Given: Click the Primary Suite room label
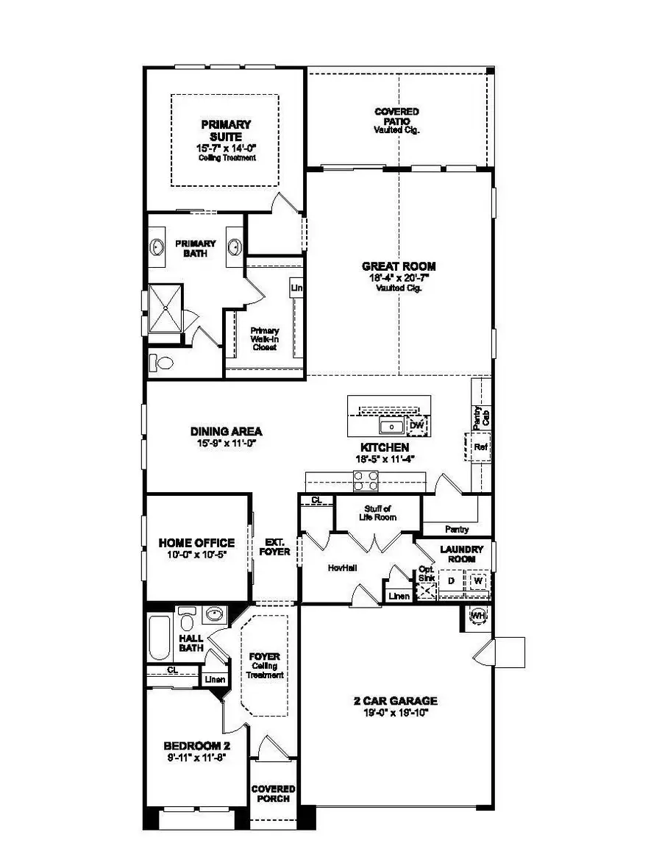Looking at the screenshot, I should point(225,131).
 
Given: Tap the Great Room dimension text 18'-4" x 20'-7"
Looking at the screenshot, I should point(399,278).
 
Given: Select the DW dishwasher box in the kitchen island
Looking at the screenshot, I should point(417,426).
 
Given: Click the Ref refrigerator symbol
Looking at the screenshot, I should point(480,447).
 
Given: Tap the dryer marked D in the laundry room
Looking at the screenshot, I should point(451,580).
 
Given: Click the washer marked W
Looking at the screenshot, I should point(477,580).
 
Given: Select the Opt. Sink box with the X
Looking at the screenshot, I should point(426,589).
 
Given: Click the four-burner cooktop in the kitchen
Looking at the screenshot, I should point(366,480).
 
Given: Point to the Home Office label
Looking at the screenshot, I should point(196,543).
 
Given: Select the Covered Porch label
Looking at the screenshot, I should point(273,794).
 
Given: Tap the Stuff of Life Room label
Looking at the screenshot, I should point(380,513).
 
